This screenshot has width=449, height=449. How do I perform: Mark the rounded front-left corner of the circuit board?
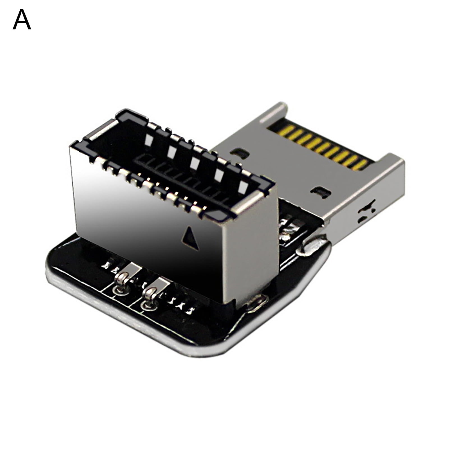tap(53, 269)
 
